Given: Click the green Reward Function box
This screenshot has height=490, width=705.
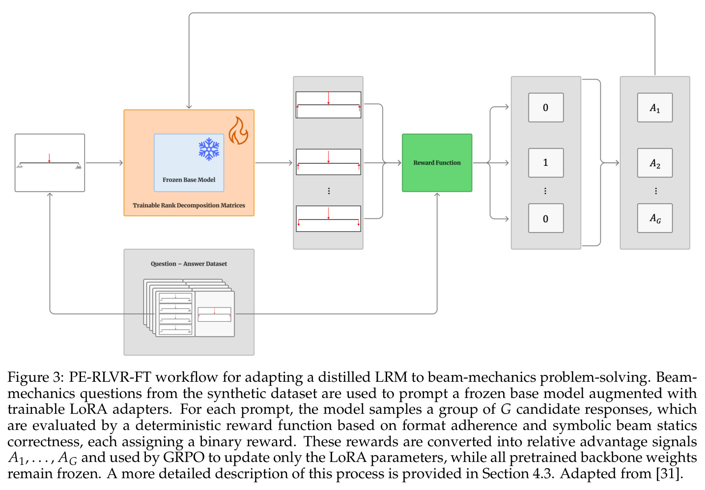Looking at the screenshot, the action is (x=437, y=163).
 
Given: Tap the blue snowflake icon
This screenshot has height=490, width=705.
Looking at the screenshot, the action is (x=209, y=149).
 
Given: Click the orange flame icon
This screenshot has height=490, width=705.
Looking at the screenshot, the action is (x=238, y=131).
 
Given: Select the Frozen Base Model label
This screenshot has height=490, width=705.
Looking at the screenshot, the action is (x=189, y=180).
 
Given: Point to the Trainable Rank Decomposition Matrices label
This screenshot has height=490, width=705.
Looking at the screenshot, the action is (x=189, y=205).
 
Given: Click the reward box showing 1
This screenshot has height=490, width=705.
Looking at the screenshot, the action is (x=546, y=163).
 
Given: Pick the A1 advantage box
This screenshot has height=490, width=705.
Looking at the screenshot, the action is (x=655, y=107).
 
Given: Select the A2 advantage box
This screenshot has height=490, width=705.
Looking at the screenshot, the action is (x=655, y=163).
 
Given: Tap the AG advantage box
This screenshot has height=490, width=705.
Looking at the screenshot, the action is (x=655, y=218).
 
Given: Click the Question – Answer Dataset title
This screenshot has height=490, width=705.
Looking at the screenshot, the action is (x=189, y=264).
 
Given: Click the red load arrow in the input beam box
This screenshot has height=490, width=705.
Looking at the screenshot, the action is (x=49, y=158).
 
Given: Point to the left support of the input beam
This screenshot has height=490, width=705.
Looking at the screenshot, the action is (x=20, y=165).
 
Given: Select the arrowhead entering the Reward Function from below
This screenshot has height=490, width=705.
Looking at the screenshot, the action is (x=437, y=194).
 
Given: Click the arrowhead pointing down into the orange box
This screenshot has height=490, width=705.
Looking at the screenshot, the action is (x=189, y=107).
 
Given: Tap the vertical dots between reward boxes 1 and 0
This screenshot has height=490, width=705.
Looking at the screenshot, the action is (x=545, y=191).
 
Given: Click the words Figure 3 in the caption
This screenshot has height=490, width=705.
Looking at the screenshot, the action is (x=36, y=377).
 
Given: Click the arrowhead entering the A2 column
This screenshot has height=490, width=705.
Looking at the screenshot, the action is (x=617, y=163).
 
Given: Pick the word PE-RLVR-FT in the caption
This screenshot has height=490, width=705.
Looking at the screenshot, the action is (x=110, y=377).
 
